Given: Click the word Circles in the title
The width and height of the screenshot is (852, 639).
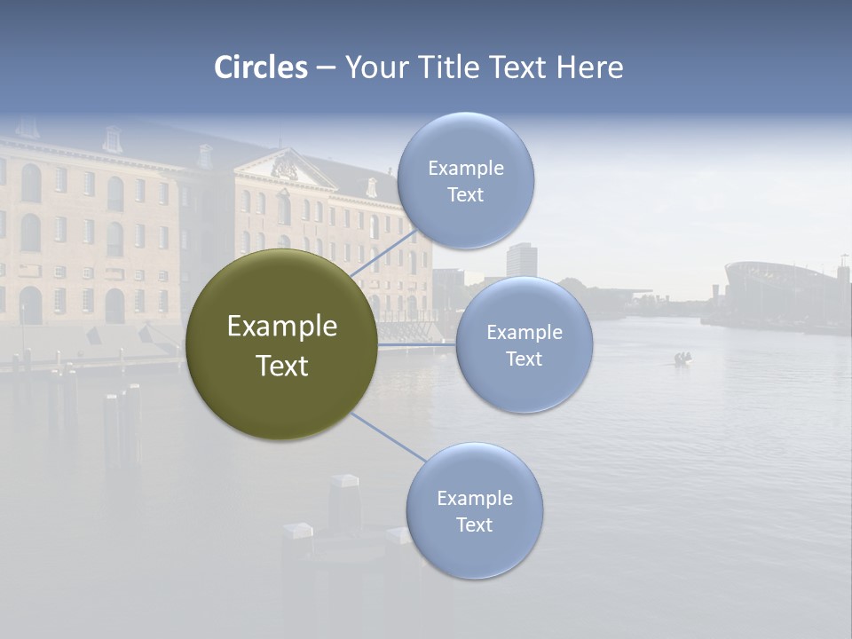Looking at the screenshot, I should [261, 67].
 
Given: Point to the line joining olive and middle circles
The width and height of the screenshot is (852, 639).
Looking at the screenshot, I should [417, 344].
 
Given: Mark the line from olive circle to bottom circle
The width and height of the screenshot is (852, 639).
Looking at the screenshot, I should [389, 438].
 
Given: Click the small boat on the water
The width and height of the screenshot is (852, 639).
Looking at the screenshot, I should [682, 359].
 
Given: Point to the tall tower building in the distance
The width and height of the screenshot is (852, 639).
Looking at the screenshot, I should [520, 259].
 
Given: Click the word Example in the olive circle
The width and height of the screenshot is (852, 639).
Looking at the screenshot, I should [282, 327].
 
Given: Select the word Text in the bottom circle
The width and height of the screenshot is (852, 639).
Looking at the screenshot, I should [474, 525].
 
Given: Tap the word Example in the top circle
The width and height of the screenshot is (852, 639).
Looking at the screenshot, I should [466, 168].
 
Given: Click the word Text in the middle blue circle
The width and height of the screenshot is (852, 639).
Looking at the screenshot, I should [524, 359].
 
